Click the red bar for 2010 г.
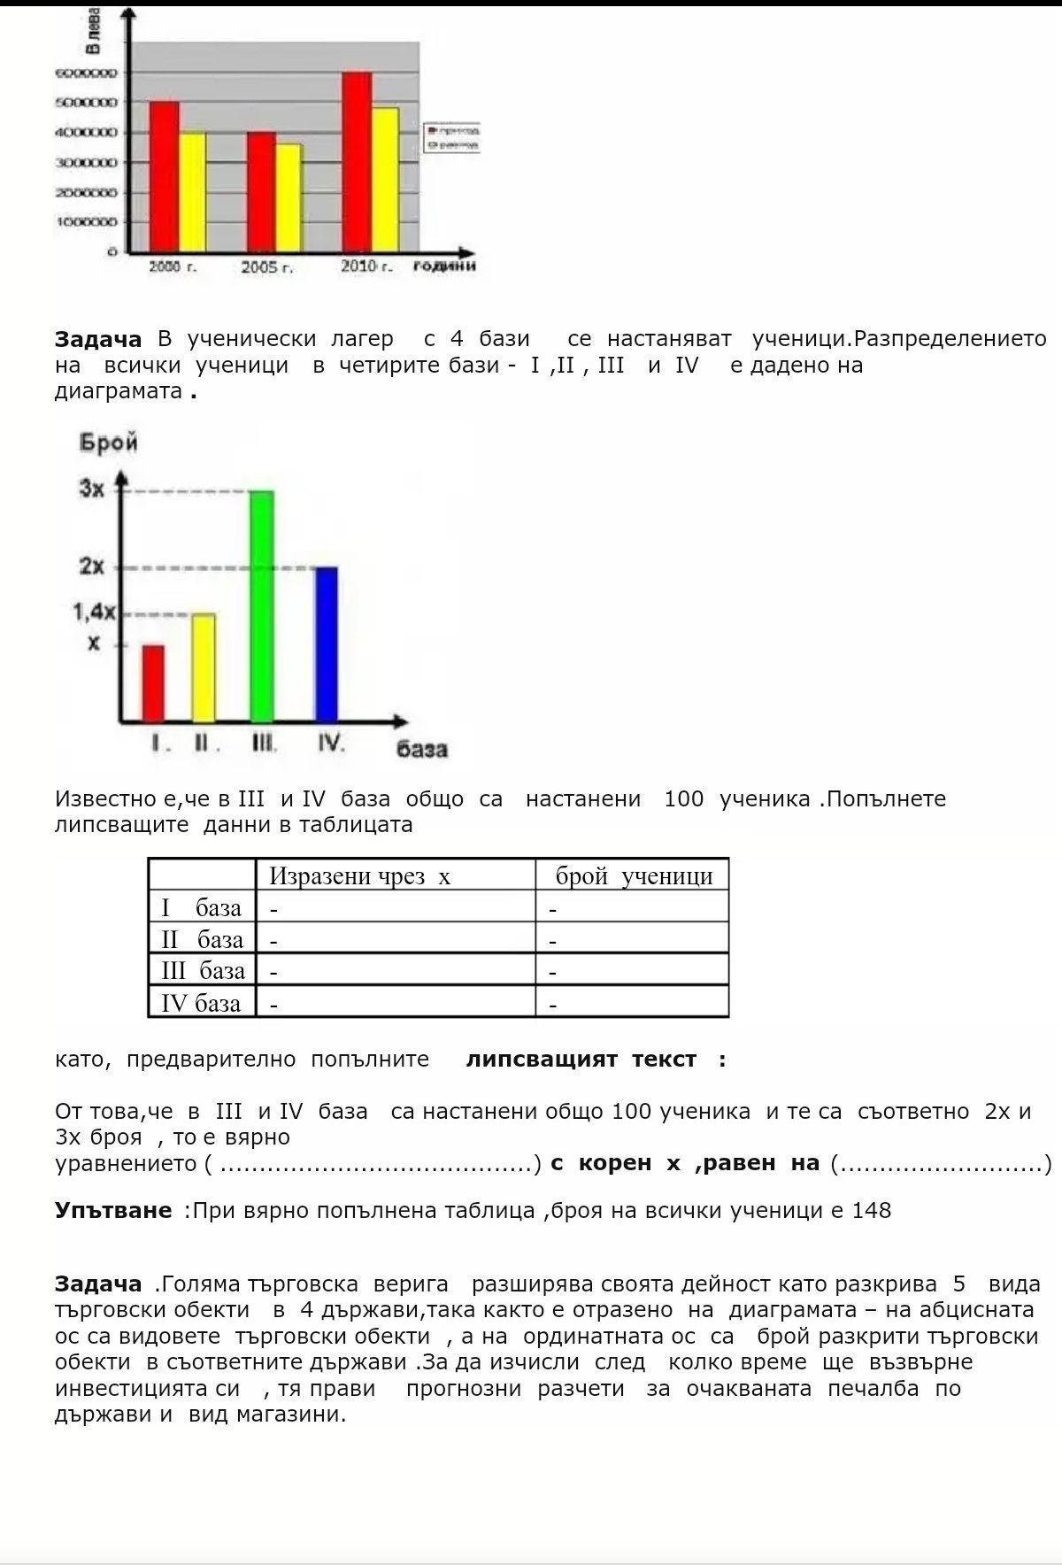357,162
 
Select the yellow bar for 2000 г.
192,192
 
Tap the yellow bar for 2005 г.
289,197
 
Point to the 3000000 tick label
87,163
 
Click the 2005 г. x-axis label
266,267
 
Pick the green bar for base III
262,606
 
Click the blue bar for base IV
327,644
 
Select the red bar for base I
153,683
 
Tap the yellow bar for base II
204,667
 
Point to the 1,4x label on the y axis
94,612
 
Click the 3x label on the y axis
92,488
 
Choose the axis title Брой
109,443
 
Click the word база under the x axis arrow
421,749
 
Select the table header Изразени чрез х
359,875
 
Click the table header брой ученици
634,875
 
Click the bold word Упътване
113,1210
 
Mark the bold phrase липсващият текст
581,1060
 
